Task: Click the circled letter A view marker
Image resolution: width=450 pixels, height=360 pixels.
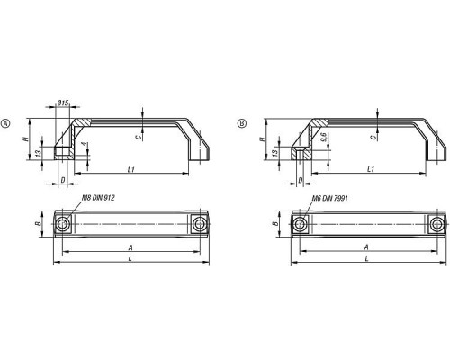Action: click(6, 123)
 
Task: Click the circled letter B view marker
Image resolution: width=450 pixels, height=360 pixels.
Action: click(242, 123)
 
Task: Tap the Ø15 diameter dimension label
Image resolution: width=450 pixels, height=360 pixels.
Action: click(63, 103)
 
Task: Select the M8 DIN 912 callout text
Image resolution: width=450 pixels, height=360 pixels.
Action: click(98, 198)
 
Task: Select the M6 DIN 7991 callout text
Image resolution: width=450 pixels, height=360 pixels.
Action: click(329, 198)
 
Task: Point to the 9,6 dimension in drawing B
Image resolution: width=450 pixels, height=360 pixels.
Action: click(323, 138)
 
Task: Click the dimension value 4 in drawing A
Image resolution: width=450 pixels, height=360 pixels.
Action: click(85, 144)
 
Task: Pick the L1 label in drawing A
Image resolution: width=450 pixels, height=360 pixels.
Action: click(130, 170)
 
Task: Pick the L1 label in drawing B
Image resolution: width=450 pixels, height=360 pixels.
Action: click(371, 169)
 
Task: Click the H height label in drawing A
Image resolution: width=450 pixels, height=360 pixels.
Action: click(26, 139)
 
